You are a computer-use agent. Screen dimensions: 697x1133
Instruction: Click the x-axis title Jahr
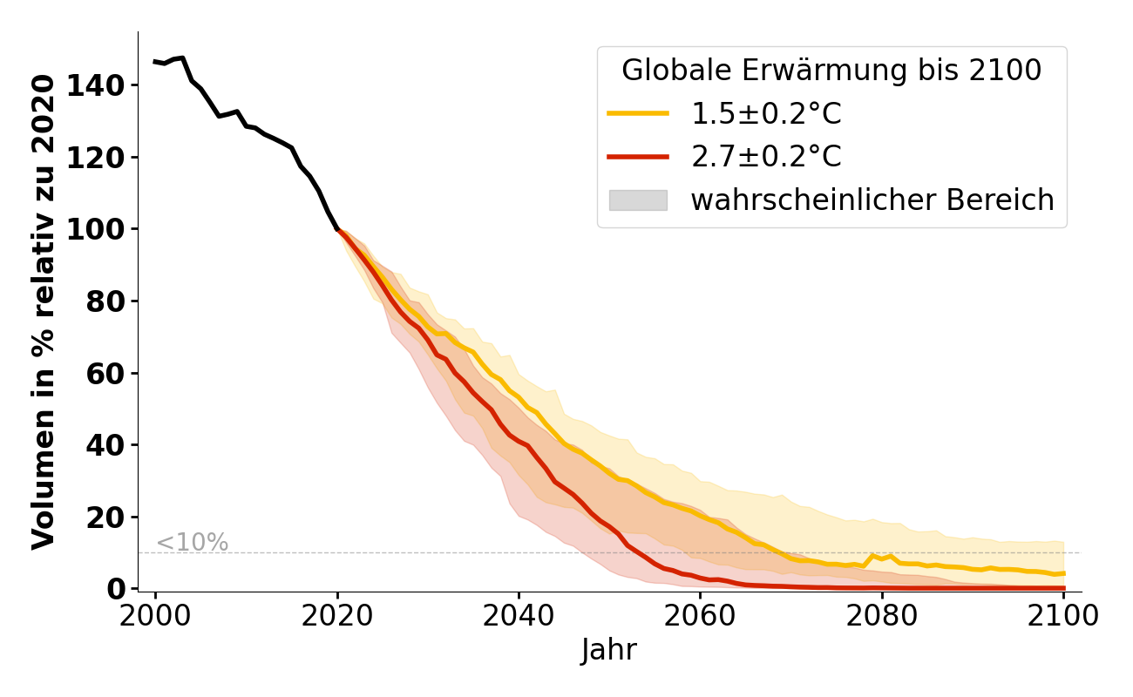609,650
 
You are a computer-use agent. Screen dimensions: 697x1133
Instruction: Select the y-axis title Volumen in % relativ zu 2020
44,311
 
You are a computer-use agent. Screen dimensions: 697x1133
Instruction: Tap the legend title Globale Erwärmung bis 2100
831,71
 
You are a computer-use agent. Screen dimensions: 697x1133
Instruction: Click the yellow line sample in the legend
638,113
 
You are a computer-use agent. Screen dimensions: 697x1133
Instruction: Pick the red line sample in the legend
638,157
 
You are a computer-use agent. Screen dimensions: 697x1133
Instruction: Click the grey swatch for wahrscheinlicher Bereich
638,200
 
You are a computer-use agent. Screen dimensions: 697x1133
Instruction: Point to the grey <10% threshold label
192,543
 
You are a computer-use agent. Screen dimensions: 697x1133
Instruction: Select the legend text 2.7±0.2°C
766,157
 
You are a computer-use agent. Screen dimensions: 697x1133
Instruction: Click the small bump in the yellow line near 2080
872,555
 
